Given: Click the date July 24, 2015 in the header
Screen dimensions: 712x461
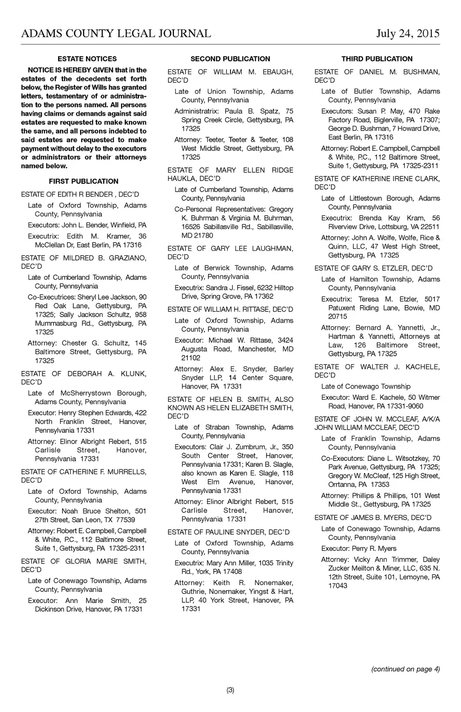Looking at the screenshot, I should point(408,34).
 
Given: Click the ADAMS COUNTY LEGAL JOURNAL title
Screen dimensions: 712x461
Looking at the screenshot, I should point(116,34).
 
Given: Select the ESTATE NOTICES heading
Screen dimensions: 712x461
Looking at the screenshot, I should point(87,59).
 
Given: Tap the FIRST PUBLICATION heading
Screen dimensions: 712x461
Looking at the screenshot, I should point(84,181).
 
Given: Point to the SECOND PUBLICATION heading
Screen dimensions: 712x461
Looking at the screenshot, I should point(230,59).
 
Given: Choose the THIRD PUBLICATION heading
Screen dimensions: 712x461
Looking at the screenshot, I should point(377,59).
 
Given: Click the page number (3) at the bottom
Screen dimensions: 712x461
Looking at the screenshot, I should point(230,690).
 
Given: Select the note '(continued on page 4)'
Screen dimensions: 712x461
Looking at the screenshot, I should point(405,669).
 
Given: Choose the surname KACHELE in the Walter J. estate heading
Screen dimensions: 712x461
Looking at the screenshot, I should point(423,367).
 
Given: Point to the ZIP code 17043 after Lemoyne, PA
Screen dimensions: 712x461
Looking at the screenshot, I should point(338,586).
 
